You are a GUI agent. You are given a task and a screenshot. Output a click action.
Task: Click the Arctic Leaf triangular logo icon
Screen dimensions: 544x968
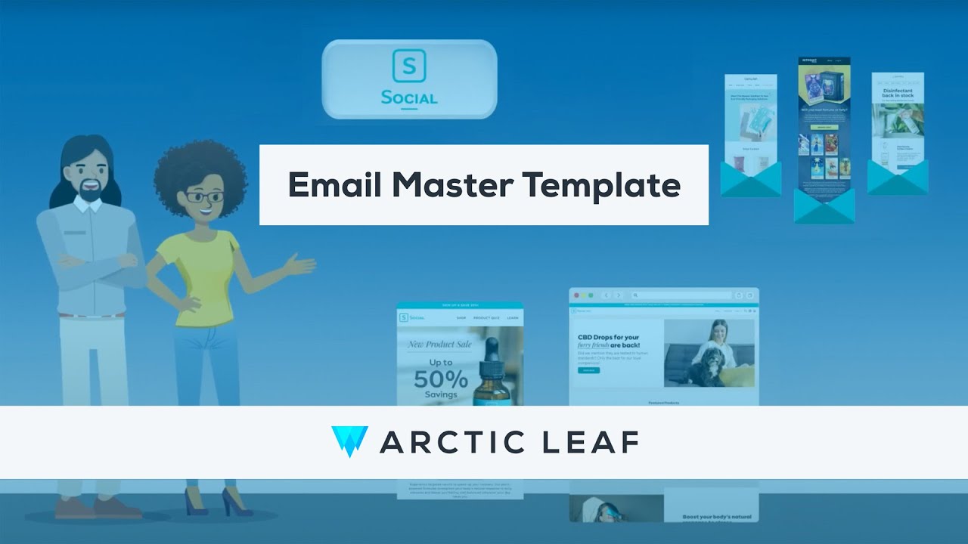(x=349, y=441)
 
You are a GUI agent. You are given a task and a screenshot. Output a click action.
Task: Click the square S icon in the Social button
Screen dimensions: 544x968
(x=409, y=66)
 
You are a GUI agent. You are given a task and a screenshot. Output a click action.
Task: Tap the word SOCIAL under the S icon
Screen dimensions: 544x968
(x=409, y=98)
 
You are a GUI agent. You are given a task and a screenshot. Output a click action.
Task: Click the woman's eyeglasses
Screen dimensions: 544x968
(x=203, y=197)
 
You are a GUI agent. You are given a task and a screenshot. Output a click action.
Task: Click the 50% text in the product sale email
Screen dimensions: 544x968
(x=440, y=378)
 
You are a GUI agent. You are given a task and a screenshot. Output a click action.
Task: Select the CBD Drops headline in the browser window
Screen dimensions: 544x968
(x=609, y=342)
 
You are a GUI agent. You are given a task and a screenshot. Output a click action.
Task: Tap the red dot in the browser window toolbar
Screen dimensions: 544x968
(x=576, y=295)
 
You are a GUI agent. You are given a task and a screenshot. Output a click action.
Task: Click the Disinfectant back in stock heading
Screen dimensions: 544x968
(x=898, y=94)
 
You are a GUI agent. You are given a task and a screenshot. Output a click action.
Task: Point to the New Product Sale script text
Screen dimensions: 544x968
(x=439, y=345)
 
